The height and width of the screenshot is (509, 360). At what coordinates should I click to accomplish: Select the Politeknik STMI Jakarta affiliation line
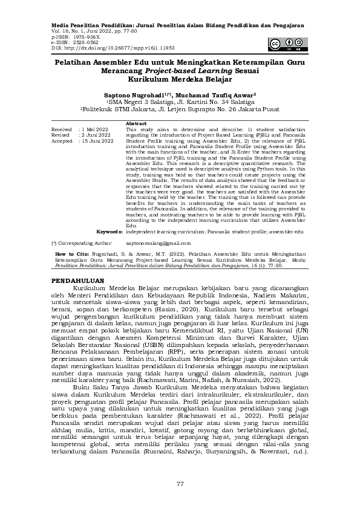coord(180,109)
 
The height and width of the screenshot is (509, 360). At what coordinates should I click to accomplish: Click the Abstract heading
coord(136,124)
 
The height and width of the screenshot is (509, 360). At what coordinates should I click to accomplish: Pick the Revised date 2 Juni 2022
coord(96,135)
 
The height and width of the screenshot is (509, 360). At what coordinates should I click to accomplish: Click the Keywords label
coord(110,232)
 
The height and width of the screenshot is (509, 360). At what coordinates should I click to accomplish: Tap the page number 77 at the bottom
coord(180,484)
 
